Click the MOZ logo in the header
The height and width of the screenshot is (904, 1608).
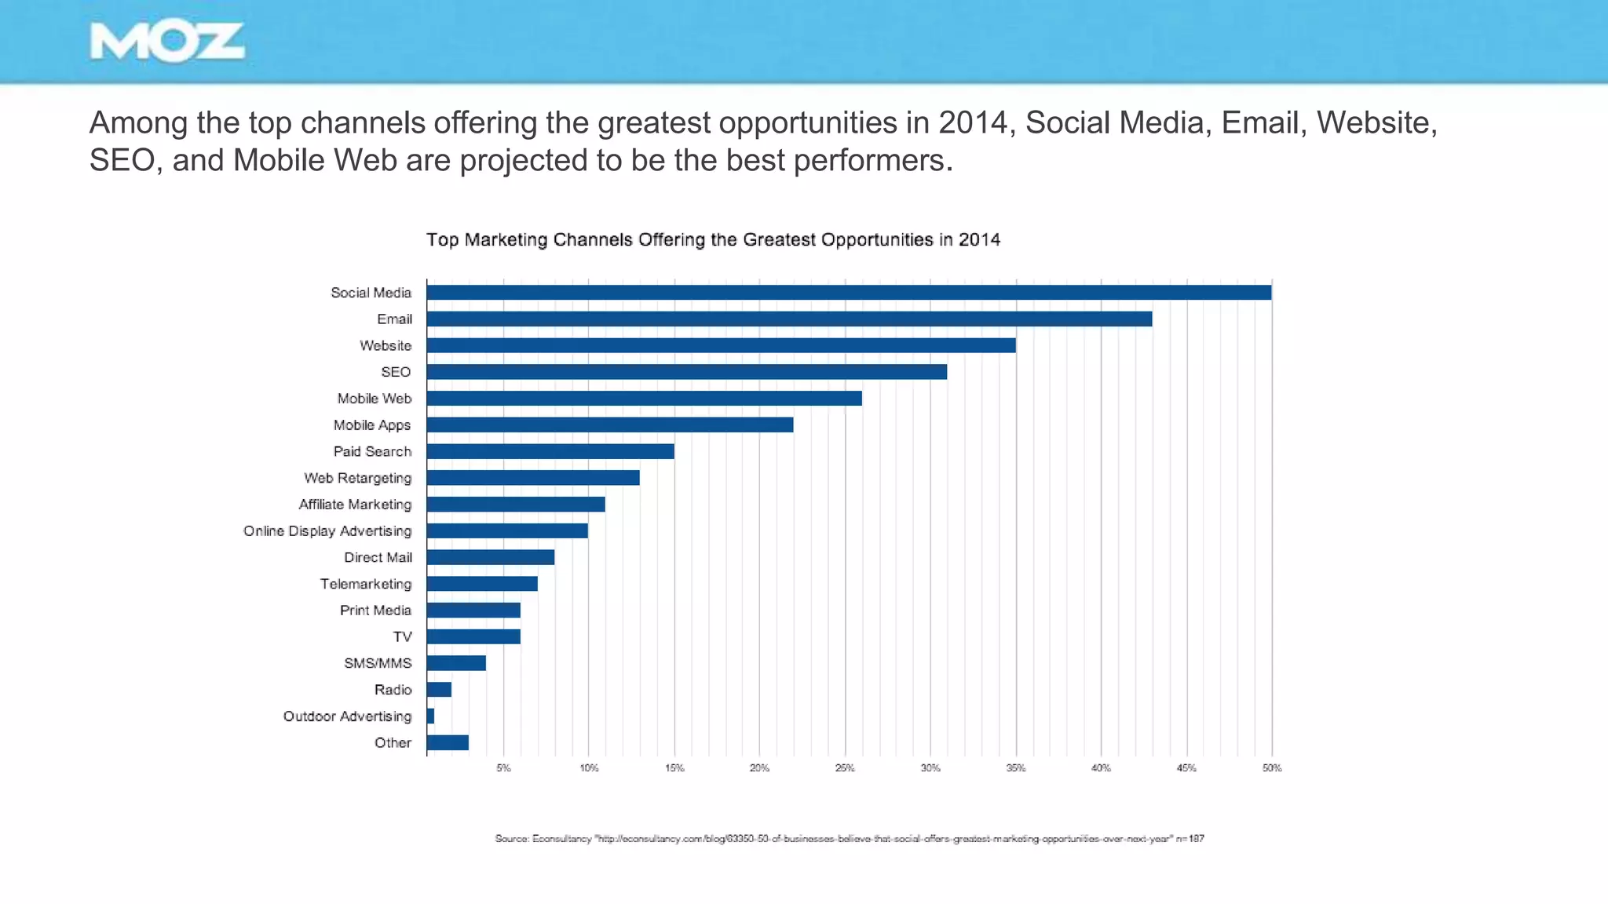(167, 42)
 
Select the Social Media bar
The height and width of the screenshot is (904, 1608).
(848, 293)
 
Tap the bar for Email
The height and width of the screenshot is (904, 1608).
(789, 319)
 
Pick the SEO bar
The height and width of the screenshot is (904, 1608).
(686, 372)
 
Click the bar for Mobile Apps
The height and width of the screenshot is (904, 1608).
(609, 425)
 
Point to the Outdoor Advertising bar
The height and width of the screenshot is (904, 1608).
(430, 716)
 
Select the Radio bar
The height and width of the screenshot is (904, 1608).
(439, 690)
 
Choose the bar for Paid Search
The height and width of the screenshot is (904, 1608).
(550, 451)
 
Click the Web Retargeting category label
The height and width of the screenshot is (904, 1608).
(357, 478)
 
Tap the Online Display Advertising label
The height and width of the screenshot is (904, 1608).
(327, 531)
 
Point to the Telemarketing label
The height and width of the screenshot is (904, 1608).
(365, 584)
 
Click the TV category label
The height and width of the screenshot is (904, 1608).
(402, 636)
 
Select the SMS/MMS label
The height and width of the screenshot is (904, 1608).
(378, 663)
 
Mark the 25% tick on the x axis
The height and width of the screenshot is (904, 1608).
(845, 767)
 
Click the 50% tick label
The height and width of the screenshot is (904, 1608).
(1272, 767)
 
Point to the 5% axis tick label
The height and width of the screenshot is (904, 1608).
(503, 767)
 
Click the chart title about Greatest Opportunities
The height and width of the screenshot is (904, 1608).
(713, 239)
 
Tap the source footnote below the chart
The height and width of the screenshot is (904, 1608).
(849, 839)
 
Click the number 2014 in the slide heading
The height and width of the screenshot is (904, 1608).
(973, 122)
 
